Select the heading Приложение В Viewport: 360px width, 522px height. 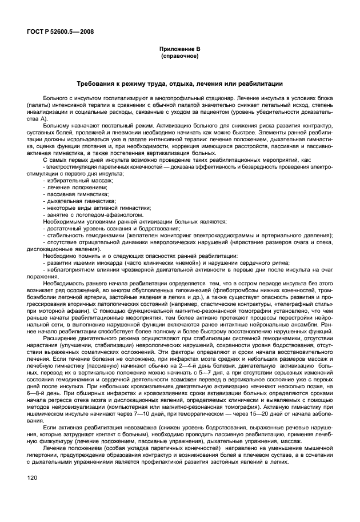(x=179, y=50)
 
